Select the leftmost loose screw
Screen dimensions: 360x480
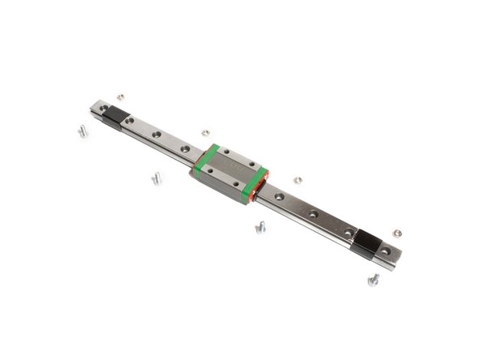click(x=83, y=131)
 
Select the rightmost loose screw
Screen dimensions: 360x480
click(x=374, y=280)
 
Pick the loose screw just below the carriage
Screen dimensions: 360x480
click(x=260, y=228)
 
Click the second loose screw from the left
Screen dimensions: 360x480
click(x=156, y=178)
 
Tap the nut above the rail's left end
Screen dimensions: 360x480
click(x=119, y=96)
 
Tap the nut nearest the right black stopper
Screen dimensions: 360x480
click(x=396, y=233)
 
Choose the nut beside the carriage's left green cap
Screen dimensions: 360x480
click(x=206, y=131)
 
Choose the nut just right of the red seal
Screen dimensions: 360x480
click(x=298, y=180)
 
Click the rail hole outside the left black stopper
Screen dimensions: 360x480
click(x=103, y=108)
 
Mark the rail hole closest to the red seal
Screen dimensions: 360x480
click(x=279, y=196)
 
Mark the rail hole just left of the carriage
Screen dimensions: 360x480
click(x=186, y=149)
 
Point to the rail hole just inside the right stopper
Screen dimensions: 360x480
click(x=348, y=232)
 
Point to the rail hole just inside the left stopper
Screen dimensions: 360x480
click(x=130, y=121)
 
